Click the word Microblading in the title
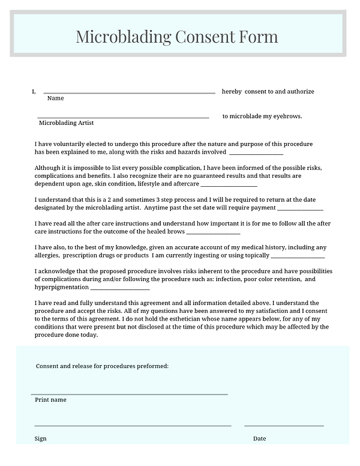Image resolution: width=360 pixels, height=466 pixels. point(123,37)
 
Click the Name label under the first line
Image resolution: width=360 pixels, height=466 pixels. point(55,98)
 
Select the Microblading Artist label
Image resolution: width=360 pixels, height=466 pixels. point(66,123)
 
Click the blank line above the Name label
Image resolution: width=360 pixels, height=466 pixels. point(129,93)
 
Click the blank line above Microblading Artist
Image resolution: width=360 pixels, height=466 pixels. point(123,118)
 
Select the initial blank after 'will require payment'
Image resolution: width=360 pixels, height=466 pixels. point(300,209)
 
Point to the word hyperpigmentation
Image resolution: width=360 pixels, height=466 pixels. point(64,287)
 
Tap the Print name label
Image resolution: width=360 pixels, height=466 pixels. point(50,399)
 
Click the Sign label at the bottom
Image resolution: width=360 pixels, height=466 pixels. point(40,438)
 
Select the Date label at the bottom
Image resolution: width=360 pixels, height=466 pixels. point(259,438)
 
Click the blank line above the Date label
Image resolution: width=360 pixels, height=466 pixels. point(284,426)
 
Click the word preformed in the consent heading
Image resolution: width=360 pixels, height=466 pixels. point(152,366)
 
